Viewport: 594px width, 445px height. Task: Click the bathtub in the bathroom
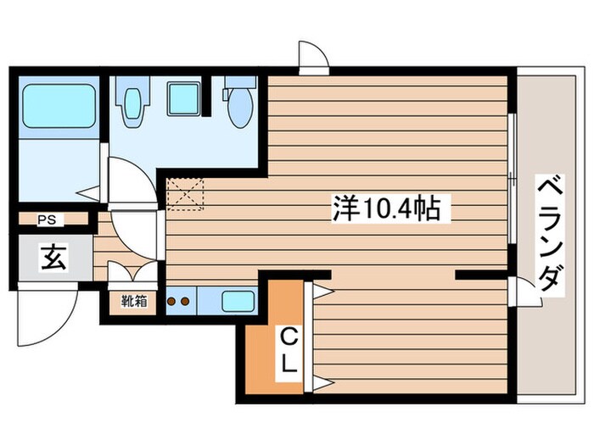coord(57,108)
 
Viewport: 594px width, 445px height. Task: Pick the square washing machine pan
coord(183,98)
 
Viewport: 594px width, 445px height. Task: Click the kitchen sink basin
coord(237,301)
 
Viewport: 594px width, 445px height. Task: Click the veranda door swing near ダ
coord(531,293)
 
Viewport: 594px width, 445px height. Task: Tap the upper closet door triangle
coord(322,292)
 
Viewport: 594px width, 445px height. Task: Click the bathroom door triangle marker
coord(88,192)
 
